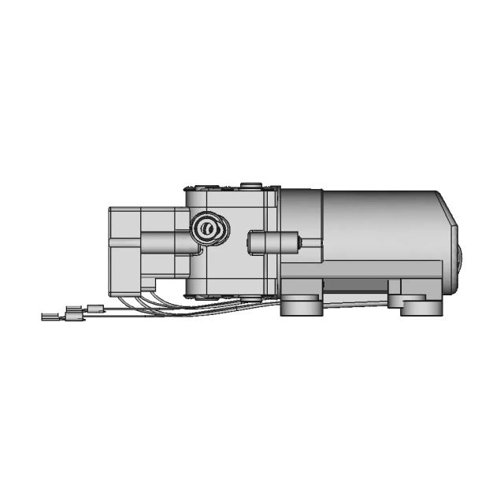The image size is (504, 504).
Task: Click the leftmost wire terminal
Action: [x=52, y=317]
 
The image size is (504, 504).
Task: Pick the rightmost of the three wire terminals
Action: [x=95, y=308]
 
